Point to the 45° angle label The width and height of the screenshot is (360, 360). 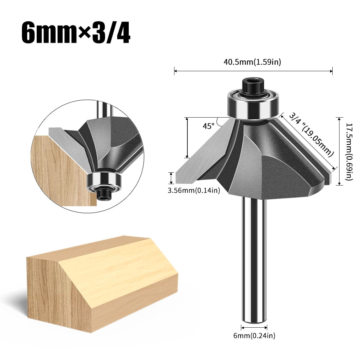pos(208,126)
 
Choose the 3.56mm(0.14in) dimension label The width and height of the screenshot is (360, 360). pos(193,191)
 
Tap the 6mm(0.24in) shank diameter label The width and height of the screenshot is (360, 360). pos(254,336)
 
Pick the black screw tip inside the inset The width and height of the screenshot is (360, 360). pos(104,194)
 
